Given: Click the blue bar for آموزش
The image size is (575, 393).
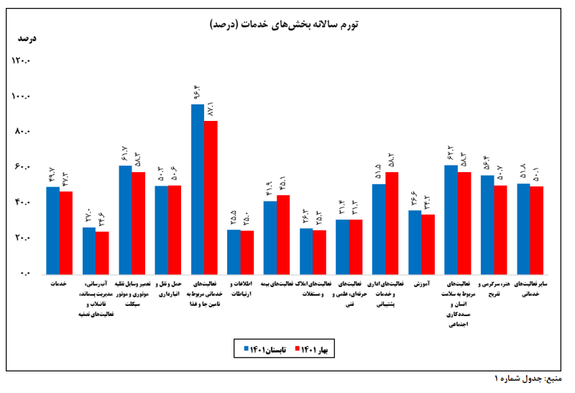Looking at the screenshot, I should [415, 242].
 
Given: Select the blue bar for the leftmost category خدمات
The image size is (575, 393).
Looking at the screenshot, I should [52, 230].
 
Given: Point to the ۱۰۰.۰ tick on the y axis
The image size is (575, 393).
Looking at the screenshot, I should [21, 96].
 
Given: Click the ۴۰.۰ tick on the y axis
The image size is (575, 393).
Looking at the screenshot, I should [22, 203].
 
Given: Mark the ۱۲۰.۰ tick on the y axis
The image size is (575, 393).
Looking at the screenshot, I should [21, 61].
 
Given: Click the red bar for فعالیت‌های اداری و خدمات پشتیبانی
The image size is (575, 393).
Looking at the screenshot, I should [392, 222].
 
